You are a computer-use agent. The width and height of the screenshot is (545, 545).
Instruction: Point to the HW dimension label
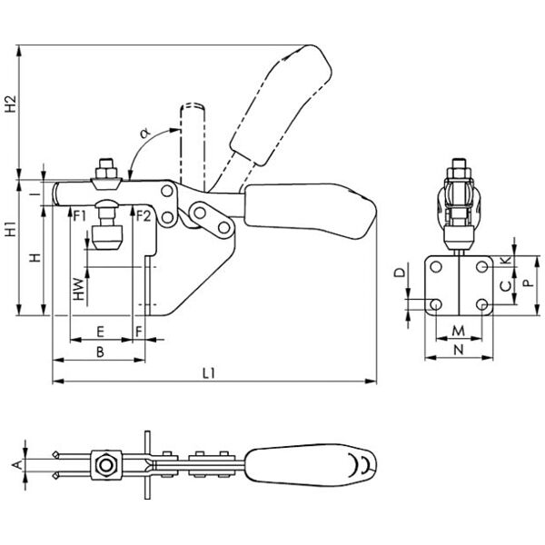79,289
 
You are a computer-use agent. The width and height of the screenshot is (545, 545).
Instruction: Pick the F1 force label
80,215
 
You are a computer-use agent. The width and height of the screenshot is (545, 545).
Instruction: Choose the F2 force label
142,215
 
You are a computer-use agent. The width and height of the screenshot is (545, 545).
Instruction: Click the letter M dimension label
460,329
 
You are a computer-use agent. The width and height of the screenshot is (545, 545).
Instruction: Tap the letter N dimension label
460,348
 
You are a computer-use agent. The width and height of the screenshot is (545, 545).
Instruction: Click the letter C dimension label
506,286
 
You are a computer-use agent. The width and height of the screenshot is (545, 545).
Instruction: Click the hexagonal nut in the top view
107,466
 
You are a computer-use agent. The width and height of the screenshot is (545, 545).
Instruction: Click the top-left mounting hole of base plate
437,268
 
